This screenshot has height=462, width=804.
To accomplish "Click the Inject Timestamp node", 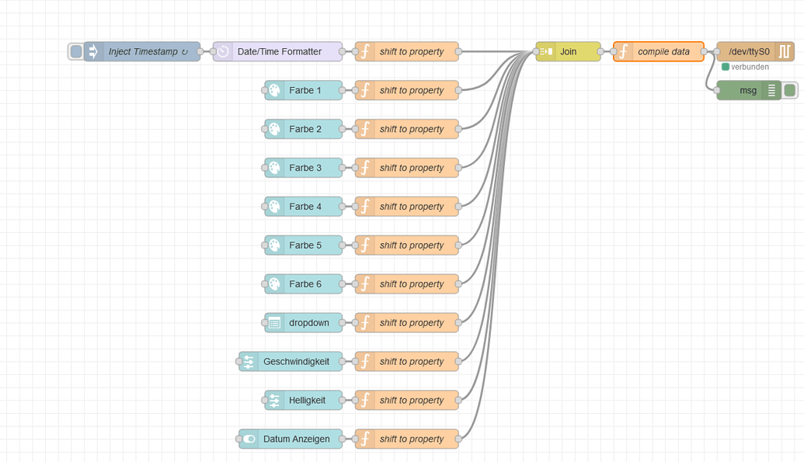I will (x=142, y=52).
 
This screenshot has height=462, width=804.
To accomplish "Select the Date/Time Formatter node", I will (x=278, y=52).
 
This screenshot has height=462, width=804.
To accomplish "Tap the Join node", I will (x=568, y=52).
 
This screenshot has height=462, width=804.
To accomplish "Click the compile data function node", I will (x=659, y=52).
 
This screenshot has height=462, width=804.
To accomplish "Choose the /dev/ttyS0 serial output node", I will (x=750, y=52).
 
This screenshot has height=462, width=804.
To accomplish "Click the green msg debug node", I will (x=748, y=91).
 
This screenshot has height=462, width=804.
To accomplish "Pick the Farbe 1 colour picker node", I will (x=304, y=91).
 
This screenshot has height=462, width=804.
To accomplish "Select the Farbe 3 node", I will (x=304, y=168).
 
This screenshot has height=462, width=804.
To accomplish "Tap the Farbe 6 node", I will (x=304, y=284).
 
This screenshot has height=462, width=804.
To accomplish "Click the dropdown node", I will (x=304, y=323).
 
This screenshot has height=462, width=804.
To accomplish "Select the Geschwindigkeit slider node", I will (x=291, y=362).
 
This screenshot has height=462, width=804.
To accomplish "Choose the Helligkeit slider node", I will (x=304, y=401).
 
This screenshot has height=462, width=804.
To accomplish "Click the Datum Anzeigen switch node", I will (x=291, y=439).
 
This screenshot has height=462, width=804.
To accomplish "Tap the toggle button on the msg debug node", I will (x=790, y=91).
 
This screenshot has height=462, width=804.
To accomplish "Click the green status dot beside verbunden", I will (x=726, y=68).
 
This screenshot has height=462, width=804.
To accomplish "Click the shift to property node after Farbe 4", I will (x=407, y=207).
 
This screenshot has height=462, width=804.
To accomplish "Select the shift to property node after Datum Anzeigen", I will (x=407, y=439).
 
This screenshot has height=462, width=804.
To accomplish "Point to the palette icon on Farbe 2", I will (x=274, y=130).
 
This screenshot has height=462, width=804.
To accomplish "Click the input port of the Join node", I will (x=536, y=52).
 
